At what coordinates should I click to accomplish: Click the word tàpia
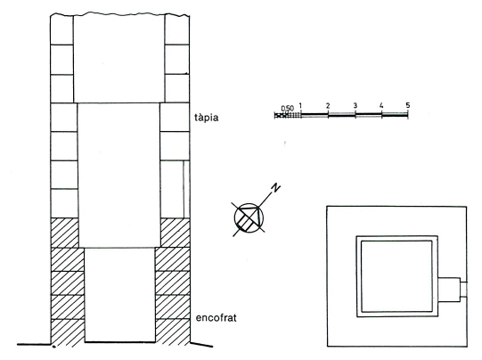click(x=207, y=118)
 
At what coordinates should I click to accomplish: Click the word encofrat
click(x=216, y=317)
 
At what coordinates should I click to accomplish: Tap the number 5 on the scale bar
click(x=408, y=105)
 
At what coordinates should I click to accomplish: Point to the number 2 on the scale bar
click(x=328, y=106)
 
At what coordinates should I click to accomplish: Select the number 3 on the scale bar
click(x=355, y=106)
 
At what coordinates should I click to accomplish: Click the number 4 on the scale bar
click(x=381, y=106)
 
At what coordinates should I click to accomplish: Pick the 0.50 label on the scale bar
click(x=288, y=109)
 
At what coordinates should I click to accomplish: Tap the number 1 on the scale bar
click(x=300, y=105)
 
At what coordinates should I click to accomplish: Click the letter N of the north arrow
click(x=275, y=187)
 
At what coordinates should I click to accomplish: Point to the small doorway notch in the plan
click(x=463, y=289)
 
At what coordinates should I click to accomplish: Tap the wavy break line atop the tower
click(x=120, y=14)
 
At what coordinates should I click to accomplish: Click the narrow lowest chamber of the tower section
click(x=120, y=295)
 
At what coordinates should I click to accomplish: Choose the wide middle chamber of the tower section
click(x=119, y=176)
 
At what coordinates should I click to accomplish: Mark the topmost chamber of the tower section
click(x=119, y=59)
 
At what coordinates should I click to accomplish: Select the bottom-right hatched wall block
click(x=173, y=331)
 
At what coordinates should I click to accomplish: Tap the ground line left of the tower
click(x=34, y=344)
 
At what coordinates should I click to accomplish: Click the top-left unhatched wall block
click(x=62, y=30)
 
